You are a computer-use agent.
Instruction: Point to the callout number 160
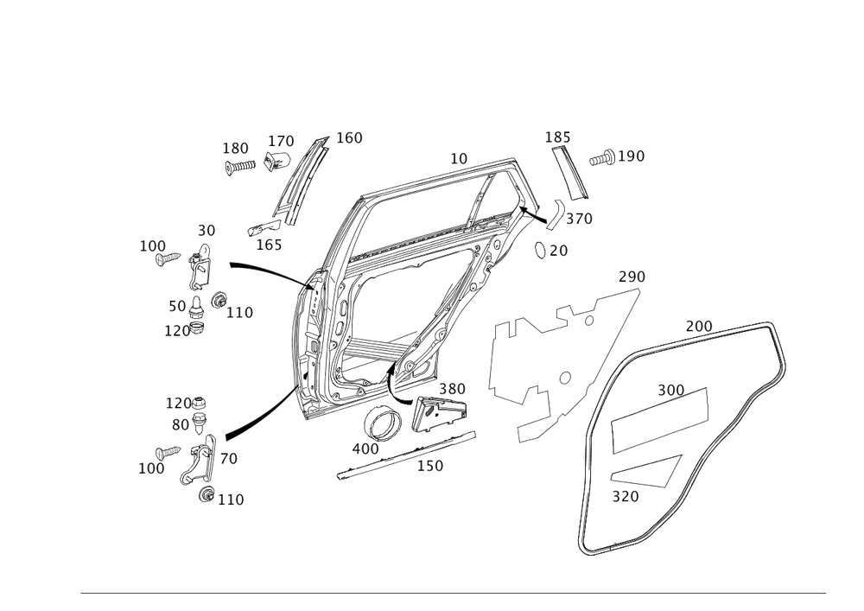(x=349, y=138)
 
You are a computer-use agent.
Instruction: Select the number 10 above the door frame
(x=459, y=159)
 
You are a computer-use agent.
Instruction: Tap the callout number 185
(x=558, y=137)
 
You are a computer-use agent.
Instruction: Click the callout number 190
(x=632, y=156)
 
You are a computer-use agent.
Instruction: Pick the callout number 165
(x=270, y=245)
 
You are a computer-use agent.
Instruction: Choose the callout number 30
(x=206, y=231)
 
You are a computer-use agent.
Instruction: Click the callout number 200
(x=698, y=327)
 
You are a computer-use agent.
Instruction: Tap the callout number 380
(x=452, y=389)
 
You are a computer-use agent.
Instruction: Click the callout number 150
(x=429, y=466)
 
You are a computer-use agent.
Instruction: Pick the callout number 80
(x=180, y=425)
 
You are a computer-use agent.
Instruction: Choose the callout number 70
(x=228, y=459)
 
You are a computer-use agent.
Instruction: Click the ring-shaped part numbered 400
(x=379, y=424)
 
